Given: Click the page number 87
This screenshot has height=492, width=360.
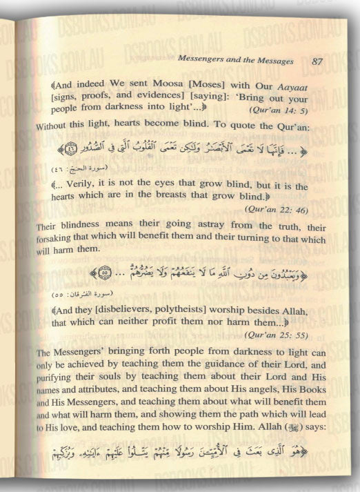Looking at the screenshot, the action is tap(317, 61).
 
